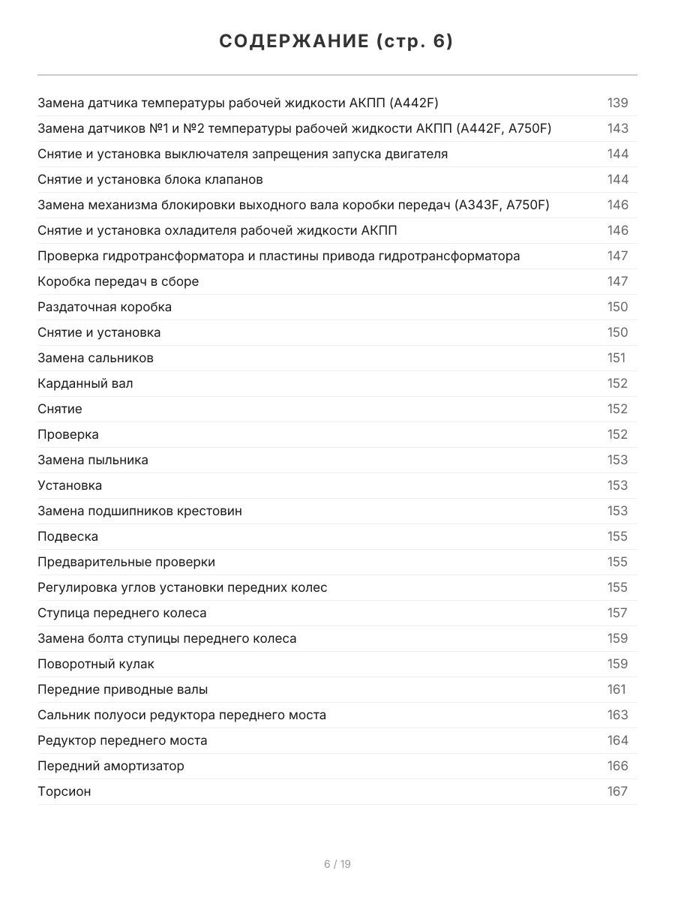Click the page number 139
617,103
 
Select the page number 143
617,128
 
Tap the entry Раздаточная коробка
104,307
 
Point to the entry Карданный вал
85,383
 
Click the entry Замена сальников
95,358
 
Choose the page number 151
616,358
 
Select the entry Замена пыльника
93,460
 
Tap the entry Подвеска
67,536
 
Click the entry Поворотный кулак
96,664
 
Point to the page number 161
616,689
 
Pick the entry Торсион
64,791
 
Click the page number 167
617,791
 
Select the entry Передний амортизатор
111,766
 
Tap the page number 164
617,740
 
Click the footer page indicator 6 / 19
337,864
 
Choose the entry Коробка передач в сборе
118,281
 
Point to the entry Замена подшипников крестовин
139,511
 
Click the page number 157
617,613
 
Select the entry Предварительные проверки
126,562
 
